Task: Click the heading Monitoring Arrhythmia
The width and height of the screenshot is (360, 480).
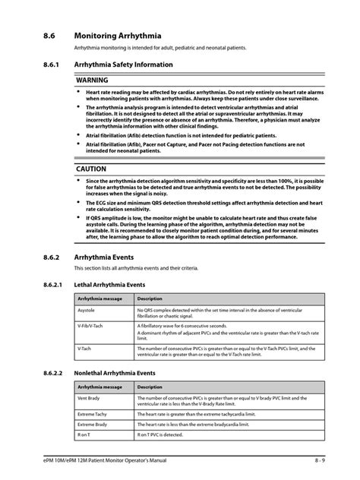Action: click(x=116, y=34)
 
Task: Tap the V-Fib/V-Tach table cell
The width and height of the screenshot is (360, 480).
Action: click(x=92, y=325)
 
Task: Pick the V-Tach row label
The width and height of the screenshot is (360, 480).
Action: click(x=84, y=349)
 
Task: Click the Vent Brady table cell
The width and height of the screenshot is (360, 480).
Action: click(x=88, y=398)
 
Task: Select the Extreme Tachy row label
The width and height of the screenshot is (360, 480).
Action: click(x=91, y=415)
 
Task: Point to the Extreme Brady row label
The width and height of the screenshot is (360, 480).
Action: click(x=91, y=425)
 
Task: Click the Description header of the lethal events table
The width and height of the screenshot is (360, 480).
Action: click(x=150, y=298)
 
